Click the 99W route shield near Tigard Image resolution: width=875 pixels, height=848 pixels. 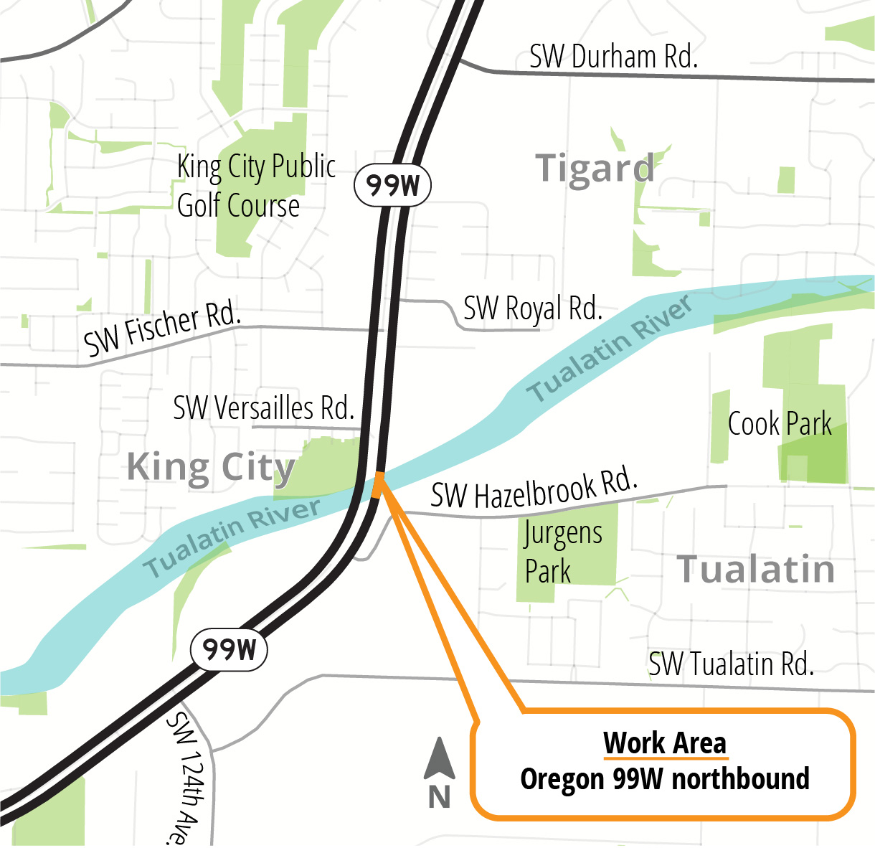(392, 186)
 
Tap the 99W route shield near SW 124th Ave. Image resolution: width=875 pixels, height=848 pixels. (229, 650)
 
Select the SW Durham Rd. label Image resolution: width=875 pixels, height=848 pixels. (613, 57)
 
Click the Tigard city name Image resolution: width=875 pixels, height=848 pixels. (595, 169)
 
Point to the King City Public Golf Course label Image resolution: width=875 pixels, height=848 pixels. (255, 186)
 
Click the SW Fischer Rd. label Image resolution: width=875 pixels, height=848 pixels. (162, 328)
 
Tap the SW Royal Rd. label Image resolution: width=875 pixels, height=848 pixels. (532, 308)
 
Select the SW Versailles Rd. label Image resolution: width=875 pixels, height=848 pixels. (264, 408)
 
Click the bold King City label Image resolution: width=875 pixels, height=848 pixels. (211, 468)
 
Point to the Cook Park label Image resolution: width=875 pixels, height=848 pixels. (780, 424)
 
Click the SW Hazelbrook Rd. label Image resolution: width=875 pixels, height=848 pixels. (534, 489)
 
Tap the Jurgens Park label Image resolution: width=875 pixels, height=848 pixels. (562, 552)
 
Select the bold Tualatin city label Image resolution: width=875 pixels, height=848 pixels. (756, 570)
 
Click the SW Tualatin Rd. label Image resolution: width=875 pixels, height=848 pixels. (731, 664)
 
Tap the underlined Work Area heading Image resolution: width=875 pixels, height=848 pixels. (665, 743)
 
